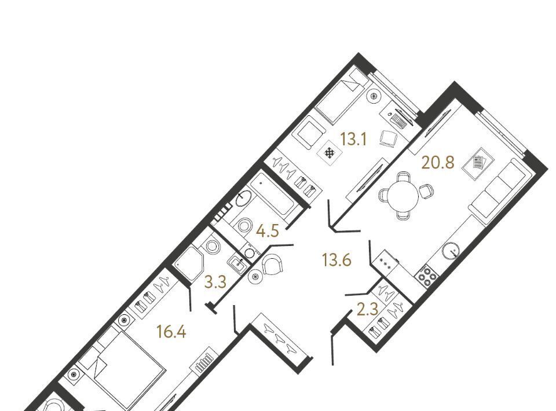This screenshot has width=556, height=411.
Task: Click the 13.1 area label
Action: (x=353, y=140)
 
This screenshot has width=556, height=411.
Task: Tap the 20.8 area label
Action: (x=438, y=163)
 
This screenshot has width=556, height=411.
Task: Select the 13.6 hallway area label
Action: (x=336, y=260)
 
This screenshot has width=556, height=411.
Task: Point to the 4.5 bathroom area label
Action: (x=268, y=232)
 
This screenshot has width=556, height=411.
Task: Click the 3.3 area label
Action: (x=215, y=282)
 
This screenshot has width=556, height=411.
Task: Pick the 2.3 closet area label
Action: (x=368, y=310)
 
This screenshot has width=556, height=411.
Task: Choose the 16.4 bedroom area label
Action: (x=171, y=332)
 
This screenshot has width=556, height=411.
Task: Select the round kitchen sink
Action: (x=451, y=251)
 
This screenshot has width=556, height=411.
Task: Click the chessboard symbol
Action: (x=330, y=153)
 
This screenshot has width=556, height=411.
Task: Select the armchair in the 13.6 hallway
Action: (x=272, y=263)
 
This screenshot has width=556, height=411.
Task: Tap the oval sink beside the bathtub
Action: (x=243, y=199)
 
